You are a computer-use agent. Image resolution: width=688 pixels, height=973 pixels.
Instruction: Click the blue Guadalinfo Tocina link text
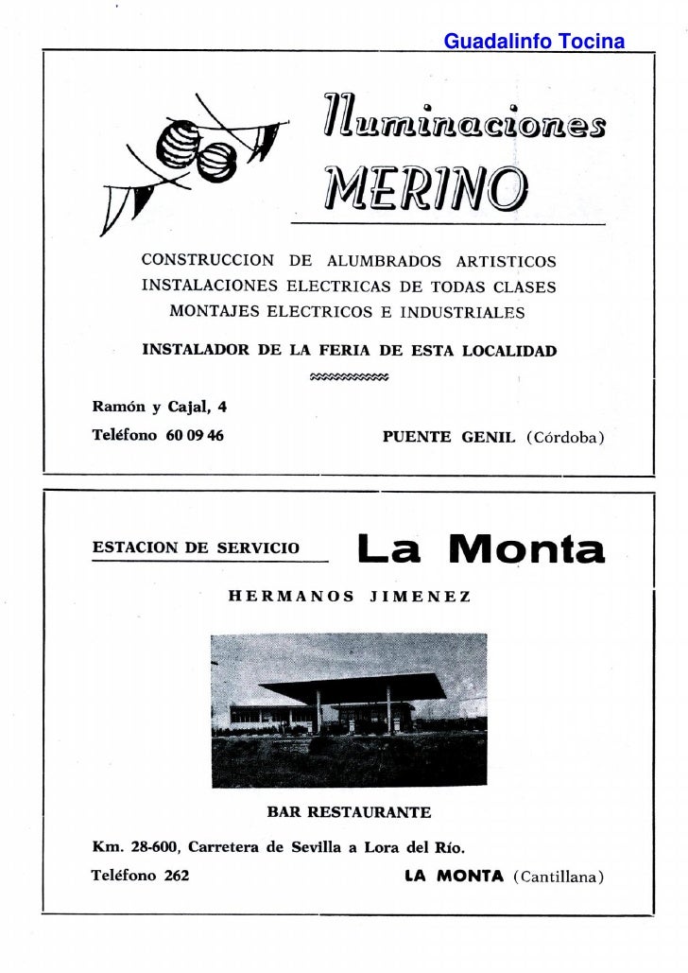point(534,42)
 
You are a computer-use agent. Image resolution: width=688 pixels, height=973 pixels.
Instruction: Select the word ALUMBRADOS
point(384,261)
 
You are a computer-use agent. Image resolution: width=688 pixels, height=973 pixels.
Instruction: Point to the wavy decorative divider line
point(349,377)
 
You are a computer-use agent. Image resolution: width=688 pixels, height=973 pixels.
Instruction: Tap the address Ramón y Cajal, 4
point(159,408)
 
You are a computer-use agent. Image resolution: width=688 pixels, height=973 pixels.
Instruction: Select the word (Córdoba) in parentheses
point(565,438)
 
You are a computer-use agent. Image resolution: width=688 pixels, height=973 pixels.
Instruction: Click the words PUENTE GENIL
point(449,438)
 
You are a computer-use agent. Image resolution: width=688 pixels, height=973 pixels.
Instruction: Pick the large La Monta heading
point(480,549)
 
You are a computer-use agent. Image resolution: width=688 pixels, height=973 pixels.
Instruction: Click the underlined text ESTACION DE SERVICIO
point(196,547)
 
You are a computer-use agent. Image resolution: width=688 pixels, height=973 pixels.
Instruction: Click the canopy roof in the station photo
point(350,686)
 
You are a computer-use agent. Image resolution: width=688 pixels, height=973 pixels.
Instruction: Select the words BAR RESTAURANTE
point(349,811)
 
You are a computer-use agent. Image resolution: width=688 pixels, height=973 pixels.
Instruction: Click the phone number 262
point(176,876)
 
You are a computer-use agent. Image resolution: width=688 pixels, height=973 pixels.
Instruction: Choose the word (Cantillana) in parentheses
point(558,877)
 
